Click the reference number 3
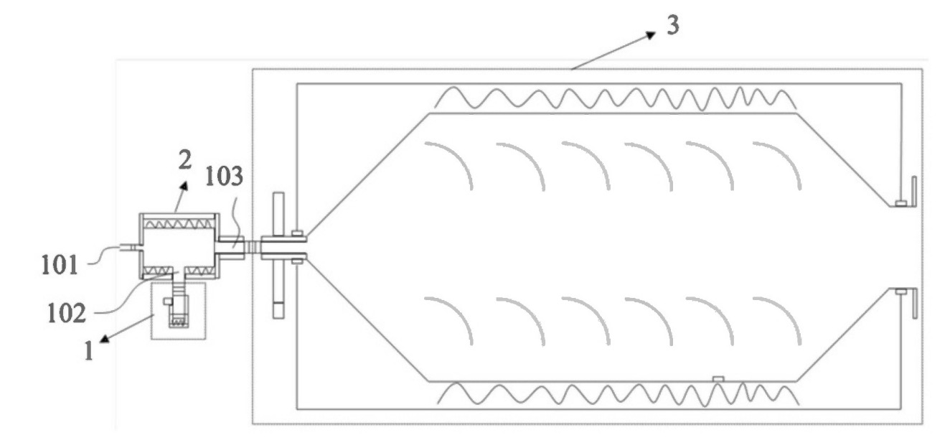(673, 25)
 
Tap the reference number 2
(185, 160)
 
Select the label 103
(224, 176)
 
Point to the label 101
(60, 265)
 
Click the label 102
(67, 314)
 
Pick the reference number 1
(89, 351)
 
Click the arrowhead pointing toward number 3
(651, 34)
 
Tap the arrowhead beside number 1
(104, 339)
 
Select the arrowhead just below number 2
(184, 186)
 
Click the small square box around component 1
(179, 312)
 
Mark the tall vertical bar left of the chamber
(278, 256)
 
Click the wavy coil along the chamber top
(616, 98)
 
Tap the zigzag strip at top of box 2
(179, 223)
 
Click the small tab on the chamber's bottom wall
(718, 378)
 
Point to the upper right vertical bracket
(914, 192)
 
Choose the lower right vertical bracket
(915, 303)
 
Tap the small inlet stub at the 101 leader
(130, 248)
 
